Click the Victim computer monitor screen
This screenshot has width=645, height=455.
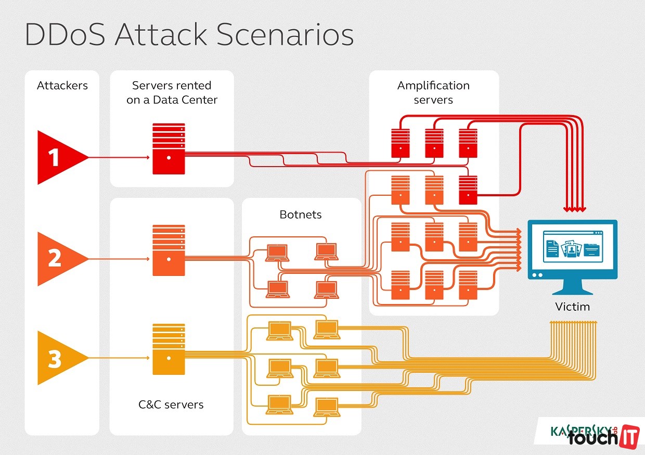[x=572, y=247]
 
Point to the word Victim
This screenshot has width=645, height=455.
[x=572, y=307]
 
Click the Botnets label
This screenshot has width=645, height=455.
[x=301, y=214]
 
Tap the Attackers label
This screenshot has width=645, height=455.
[x=62, y=85]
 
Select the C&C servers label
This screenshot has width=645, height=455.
[x=171, y=404]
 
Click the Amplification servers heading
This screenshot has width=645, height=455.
[x=433, y=92]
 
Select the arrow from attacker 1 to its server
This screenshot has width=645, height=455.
[x=119, y=157]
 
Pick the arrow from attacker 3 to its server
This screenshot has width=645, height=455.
[x=119, y=358]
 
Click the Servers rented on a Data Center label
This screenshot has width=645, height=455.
[x=172, y=92]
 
